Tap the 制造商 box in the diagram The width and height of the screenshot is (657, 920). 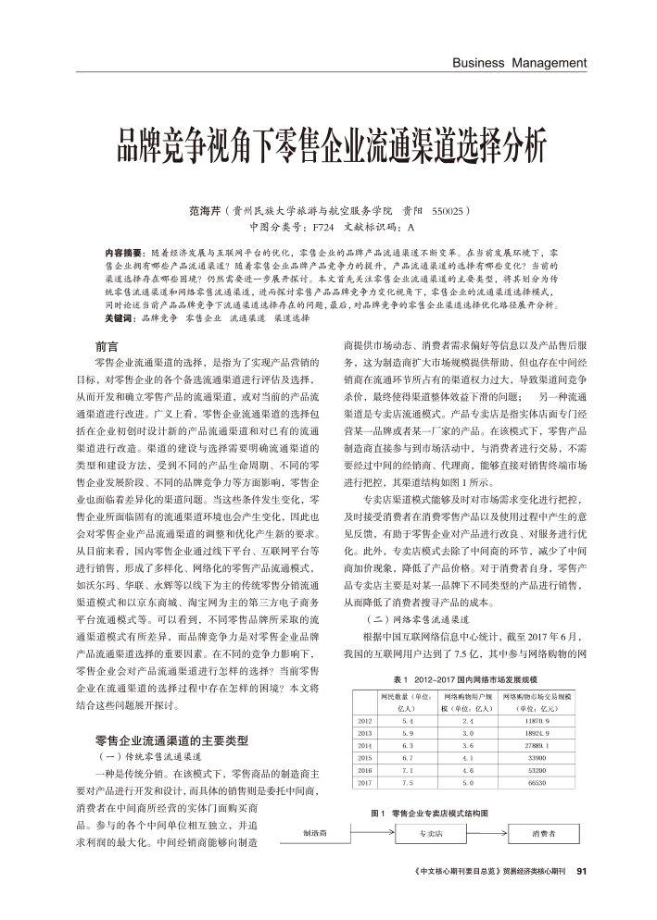coord(315,832)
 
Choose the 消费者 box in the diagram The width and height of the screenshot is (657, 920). coord(544,832)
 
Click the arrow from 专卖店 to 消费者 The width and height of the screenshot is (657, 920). coord(487,832)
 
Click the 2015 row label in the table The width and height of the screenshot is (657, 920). coord(364,757)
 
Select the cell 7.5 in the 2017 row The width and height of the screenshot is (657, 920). coord(407,783)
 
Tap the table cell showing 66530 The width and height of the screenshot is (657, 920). coord(538,783)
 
